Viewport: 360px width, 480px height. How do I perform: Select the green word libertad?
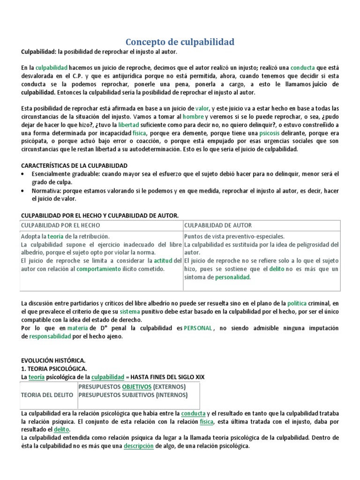pos(128,124)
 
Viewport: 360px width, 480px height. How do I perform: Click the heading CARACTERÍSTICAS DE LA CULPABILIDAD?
pos(75,165)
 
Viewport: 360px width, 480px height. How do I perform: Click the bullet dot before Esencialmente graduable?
pos(24,174)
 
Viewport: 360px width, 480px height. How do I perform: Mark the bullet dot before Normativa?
pos(24,191)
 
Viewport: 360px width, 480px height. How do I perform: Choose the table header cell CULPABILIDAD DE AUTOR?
pos(218,225)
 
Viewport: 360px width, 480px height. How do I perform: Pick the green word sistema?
pos(130,312)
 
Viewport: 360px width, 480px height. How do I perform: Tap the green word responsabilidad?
pos(50,337)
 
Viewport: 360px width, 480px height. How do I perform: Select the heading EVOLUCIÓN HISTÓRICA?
pos(53,360)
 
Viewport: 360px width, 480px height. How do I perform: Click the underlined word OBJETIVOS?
pos(137,387)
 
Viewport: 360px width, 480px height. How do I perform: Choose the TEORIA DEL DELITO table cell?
pos(47,395)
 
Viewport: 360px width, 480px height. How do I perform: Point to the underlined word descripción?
pos(139,446)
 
